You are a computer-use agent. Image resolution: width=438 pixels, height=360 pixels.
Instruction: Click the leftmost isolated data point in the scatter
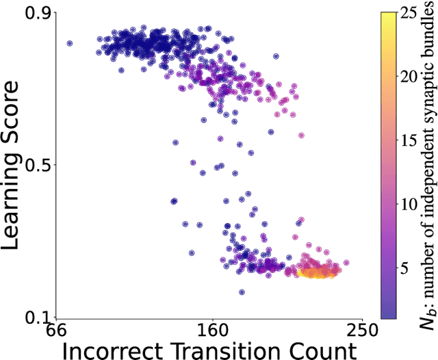click(69, 43)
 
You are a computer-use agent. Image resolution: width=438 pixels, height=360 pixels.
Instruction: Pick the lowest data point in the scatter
click(242, 292)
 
